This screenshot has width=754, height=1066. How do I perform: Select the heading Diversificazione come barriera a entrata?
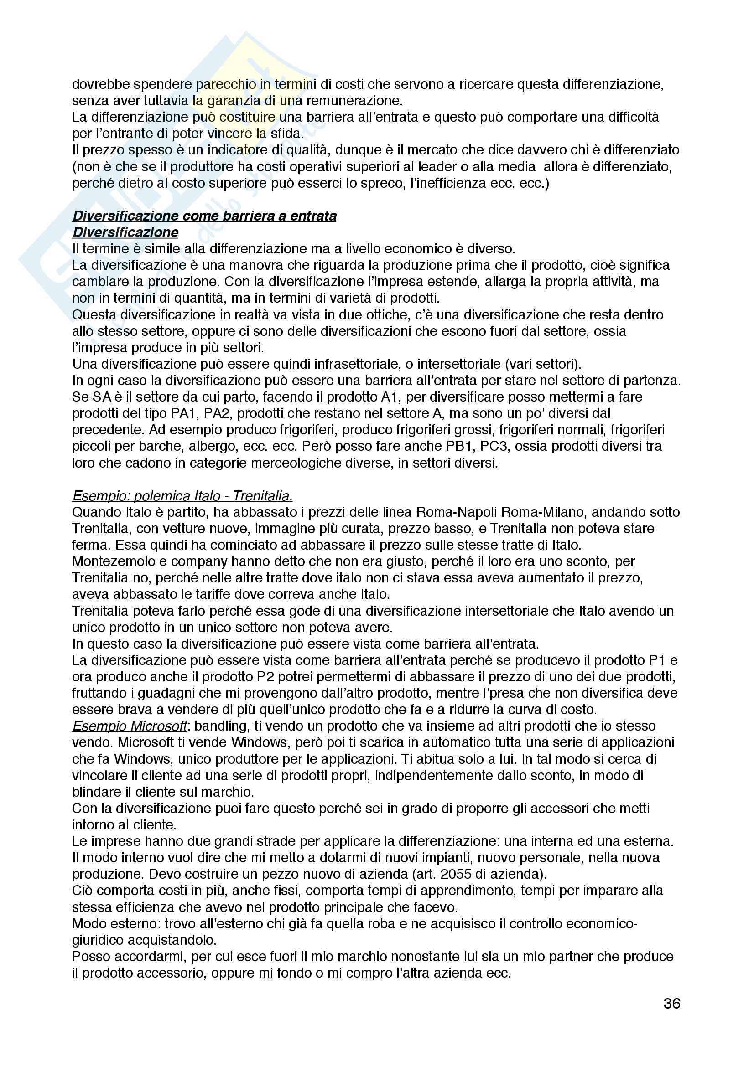(204, 216)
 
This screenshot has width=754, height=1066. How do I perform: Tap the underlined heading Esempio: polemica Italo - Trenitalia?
(182, 496)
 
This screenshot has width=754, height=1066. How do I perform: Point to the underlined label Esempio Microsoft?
(130, 726)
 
